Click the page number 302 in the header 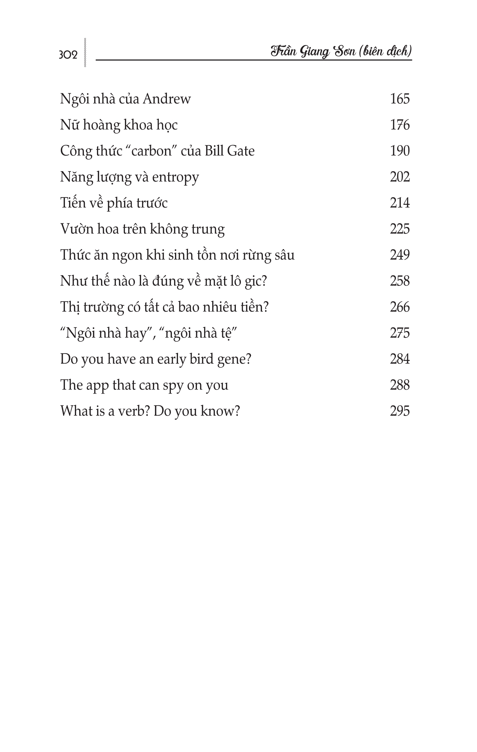point(68,55)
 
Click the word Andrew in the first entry point(167,99)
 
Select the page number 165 point(400,99)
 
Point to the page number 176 point(400,125)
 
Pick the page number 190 point(400,151)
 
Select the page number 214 point(400,203)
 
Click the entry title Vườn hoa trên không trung point(142,229)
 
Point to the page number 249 point(400,255)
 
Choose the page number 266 point(400,307)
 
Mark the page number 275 point(400,333)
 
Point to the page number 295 point(400,411)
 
